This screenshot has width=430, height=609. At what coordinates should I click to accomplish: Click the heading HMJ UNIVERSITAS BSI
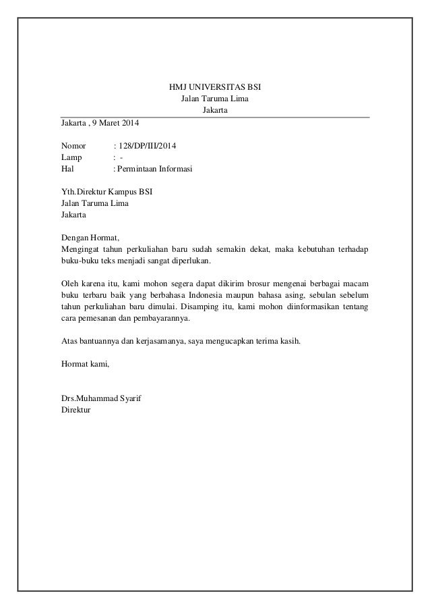[x=215, y=88]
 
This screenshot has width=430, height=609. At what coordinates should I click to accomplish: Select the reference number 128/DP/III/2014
[x=148, y=146]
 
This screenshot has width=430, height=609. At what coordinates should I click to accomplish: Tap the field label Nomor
[x=73, y=146]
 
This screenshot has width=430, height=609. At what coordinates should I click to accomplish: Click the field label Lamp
[x=71, y=157]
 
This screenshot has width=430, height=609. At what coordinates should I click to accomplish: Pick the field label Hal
[x=67, y=169]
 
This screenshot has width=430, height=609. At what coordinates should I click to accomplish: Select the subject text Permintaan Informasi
[x=154, y=169]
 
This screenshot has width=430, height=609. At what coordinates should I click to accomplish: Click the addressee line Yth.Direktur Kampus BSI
[x=106, y=191]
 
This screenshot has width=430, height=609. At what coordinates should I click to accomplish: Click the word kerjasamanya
[x=161, y=341]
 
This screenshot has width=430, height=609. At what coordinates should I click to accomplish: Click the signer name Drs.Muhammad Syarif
[x=102, y=398]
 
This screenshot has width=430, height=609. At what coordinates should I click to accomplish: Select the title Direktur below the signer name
[x=75, y=410]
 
